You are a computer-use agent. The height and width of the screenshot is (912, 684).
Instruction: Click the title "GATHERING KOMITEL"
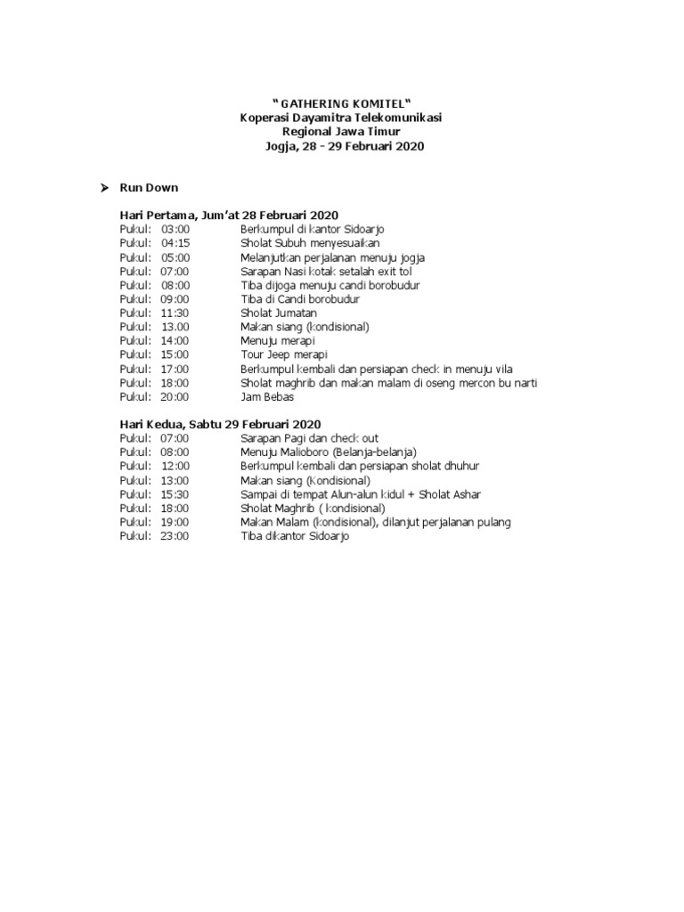[x=342, y=103]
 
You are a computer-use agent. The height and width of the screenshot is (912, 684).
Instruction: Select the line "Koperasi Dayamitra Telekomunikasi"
[x=342, y=118]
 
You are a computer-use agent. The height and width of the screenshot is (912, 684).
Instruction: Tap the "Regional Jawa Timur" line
[x=342, y=132]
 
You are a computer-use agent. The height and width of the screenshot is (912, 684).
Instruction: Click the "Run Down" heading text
[x=149, y=188]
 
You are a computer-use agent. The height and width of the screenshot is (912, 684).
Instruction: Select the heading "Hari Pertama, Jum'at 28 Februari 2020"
[x=229, y=216]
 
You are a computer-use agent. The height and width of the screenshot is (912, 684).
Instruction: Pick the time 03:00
[x=175, y=230]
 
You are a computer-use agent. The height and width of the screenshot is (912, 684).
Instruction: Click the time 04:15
[x=175, y=243]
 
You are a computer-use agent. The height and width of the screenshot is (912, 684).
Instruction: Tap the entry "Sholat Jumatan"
[x=278, y=313]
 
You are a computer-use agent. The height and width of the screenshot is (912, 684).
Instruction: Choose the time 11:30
[x=175, y=313]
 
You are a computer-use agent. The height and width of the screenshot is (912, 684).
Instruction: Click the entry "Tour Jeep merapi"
[x=284, y=355]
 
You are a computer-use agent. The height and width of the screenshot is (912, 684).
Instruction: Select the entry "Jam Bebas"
[x=267, y=397]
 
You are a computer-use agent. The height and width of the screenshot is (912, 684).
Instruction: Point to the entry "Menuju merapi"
[x=277, y=341]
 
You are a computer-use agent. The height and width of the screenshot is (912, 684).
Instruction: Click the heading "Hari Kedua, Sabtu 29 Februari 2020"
[x=220, y=425]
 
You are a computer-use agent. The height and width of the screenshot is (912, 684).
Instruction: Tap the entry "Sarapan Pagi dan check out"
[x=309, y=439]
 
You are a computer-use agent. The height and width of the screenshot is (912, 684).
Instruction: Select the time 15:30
[x=175, y=494]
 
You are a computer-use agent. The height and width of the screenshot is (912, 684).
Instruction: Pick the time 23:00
[x=175, y=536]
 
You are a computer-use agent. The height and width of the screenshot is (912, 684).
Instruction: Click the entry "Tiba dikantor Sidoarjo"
[x=295, y=536]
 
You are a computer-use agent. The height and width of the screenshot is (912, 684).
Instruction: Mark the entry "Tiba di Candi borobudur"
[x=299, y=299]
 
